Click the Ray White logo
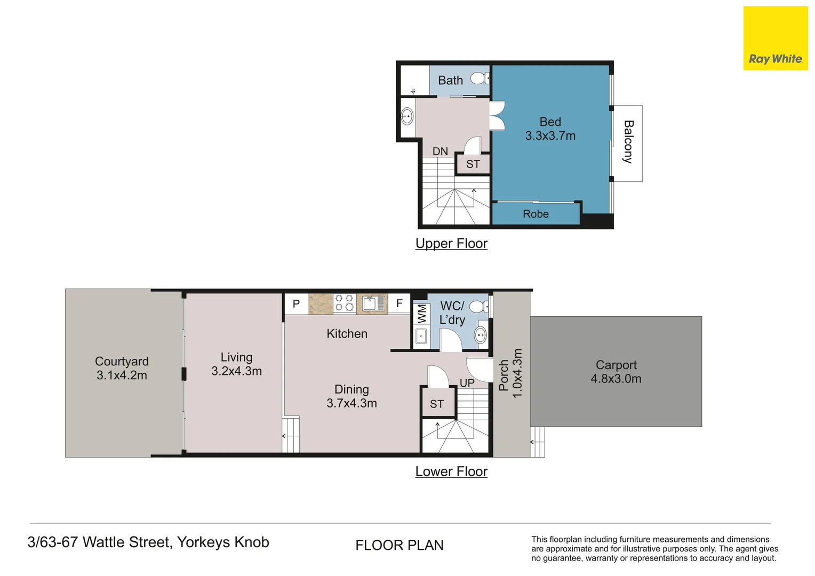tap(775, 38)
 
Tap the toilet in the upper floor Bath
tap(480, 78)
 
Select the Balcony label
tap(628, 142)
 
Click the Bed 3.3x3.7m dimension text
tap(550, 135)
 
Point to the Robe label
tap(536, 213)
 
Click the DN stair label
tap(440, 151)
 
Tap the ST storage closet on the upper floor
tap(473, 164)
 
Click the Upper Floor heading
tap(452, 243)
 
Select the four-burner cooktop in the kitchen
tap(345, 303)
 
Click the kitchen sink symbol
tap(373, 303)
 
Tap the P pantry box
tap(296, 304)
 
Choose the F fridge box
tap(399, 303)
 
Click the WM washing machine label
tap(422, 314)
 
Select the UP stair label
tap(467, 383)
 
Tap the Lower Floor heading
tap(452, 471)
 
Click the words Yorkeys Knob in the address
tap(223, 542)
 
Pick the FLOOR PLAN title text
tap(399, 546)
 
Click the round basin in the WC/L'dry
tap(481, 334)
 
